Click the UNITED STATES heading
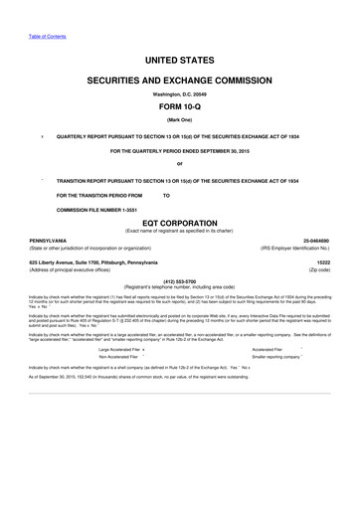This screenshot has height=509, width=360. click(x=180, y=61)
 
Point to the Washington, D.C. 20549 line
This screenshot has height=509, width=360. click(x=180, y=93)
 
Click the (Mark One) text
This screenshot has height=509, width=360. click(x=180, y=122)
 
